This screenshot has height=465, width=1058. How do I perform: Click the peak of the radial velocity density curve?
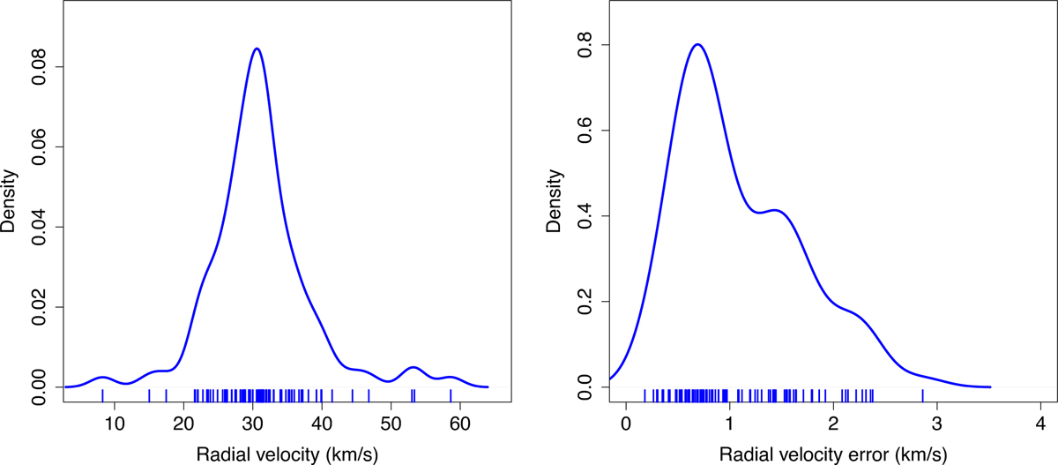tap(256, 49)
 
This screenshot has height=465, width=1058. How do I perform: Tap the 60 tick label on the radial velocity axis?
tap(460, 424)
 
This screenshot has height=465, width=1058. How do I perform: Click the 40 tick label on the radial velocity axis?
tap(323, 424)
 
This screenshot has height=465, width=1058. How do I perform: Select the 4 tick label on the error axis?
tap(1041, 424)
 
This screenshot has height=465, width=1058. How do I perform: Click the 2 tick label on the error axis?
tap(833, 424)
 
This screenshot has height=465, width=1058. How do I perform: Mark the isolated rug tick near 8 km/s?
tap(103, 395)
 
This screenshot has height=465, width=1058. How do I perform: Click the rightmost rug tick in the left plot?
tap(451, 395)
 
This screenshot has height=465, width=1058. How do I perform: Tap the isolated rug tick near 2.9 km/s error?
tap(922, 395)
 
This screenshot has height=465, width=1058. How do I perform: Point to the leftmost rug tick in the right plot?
tap(644, 395)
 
